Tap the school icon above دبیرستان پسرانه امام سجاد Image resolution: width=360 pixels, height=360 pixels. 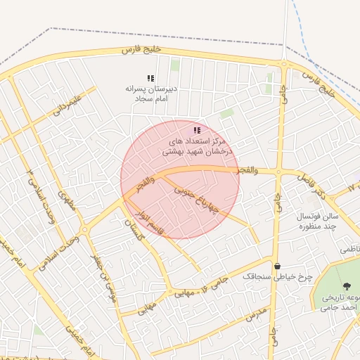pos(150,78)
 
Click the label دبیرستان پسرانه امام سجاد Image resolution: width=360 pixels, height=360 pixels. pos(149,94)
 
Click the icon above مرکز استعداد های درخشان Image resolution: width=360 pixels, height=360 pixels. pos(197,130)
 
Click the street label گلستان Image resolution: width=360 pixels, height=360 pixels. pos(134,231)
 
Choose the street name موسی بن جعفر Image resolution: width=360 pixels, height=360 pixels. pos(104,278)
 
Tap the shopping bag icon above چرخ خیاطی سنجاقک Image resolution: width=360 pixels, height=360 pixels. pos(278,266)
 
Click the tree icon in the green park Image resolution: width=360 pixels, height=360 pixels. pos(347,285)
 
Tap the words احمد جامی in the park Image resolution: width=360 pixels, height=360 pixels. pos(340,307)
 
